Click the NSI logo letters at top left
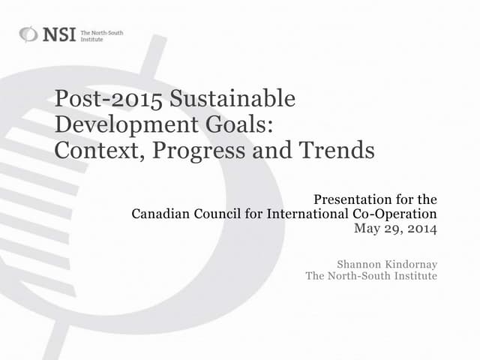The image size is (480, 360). (x=58, y=34)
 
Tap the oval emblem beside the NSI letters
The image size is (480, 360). (x=28, y=34)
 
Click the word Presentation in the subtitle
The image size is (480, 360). (x=350, y=199)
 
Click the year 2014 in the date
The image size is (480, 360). (x=421, y=228)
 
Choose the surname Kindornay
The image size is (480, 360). (x=412, y=263)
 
